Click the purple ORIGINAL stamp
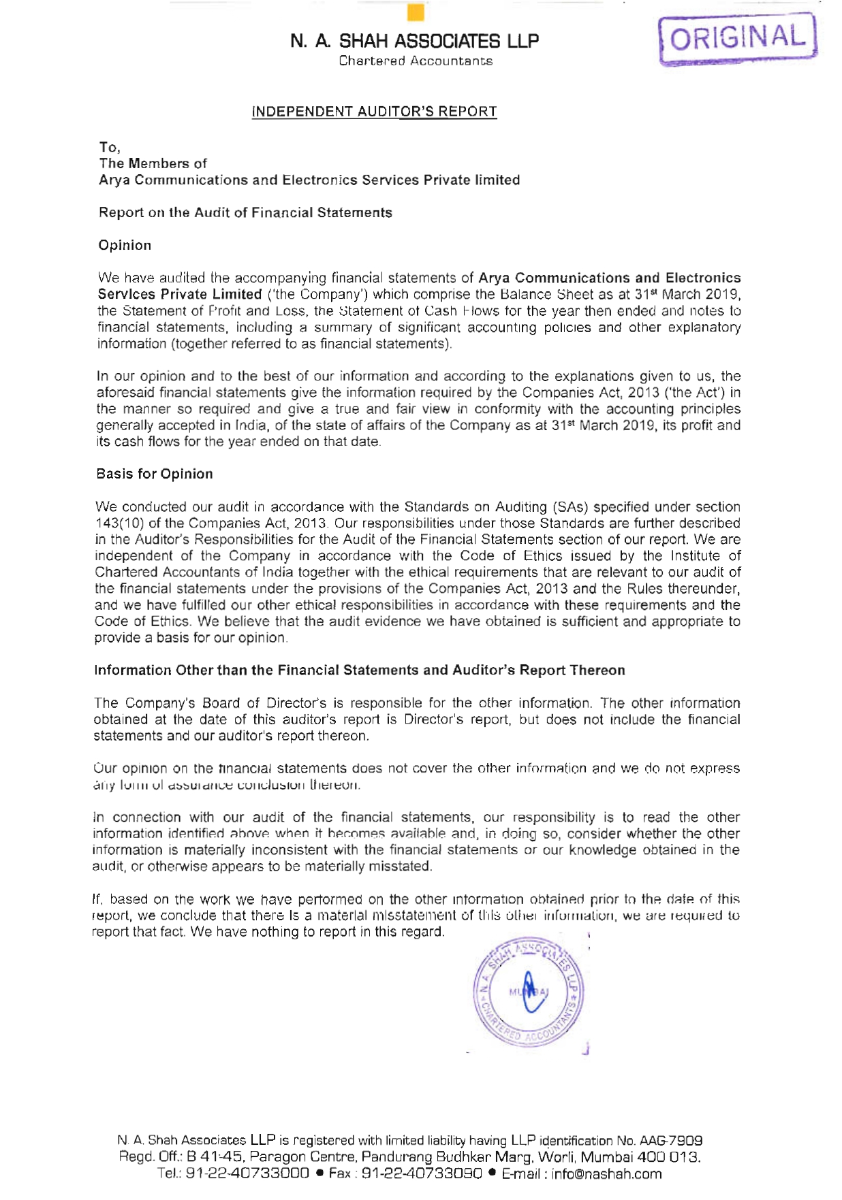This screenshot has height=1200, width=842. click(x=738, y=39)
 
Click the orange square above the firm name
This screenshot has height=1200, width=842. click(x=415, y=13)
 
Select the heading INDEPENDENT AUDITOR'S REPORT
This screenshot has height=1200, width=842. click(x=374, y=112)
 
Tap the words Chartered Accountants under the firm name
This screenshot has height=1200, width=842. click(x=416, y=61)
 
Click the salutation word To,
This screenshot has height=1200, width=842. click(x=110, y=147)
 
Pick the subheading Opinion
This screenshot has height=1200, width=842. click(x=125, y=245)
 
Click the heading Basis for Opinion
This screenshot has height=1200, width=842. click(x=154, y=474)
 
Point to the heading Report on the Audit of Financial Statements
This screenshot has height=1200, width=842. click(x=245, y=212)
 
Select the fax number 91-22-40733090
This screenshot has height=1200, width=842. click(x=422, y=1173)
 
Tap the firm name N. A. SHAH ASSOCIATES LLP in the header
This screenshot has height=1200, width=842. click(x=414, y=42)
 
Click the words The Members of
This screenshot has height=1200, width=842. click(x=153, y=163)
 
